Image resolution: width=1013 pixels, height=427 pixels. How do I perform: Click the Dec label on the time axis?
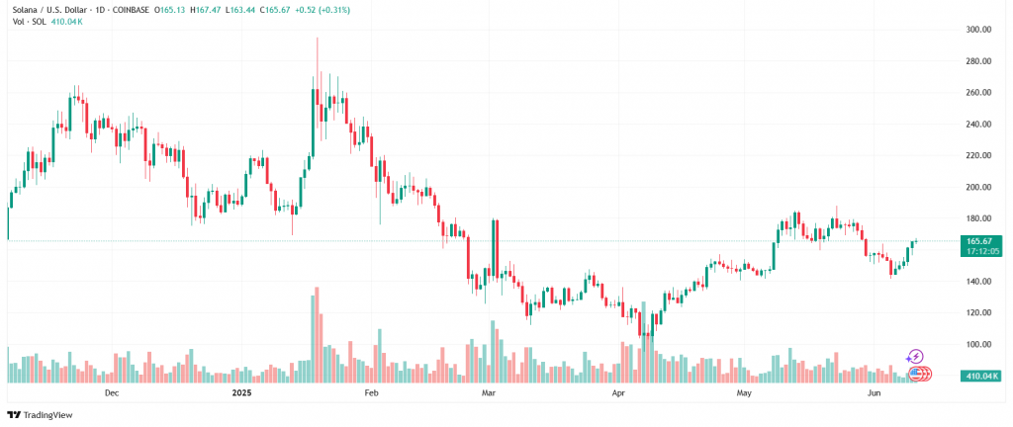111,393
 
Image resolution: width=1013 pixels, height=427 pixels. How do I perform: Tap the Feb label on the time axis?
372,393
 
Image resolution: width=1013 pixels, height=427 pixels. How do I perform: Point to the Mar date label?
487,393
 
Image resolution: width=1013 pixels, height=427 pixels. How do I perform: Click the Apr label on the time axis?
618,393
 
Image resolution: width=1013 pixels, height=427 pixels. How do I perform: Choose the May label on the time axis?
745,393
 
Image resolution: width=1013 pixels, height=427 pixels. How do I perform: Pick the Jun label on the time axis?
875,393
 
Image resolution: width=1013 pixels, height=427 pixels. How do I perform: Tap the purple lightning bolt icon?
915,357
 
